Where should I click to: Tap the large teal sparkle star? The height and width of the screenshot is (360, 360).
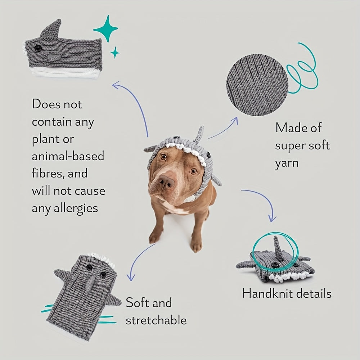coord(106,29)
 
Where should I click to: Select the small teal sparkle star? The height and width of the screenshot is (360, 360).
coord(115,53)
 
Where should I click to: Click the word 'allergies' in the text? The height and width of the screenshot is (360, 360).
coord(76,208)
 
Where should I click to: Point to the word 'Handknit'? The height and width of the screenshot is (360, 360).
coord(266,293)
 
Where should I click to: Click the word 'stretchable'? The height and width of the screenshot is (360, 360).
coord(156,320)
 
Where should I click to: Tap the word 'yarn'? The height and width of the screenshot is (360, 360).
coord(287,163)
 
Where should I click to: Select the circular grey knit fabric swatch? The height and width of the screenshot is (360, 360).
coord(257,85)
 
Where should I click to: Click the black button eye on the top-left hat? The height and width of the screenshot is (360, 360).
coord(38,48)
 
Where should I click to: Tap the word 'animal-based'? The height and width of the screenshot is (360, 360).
coord(68,156)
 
